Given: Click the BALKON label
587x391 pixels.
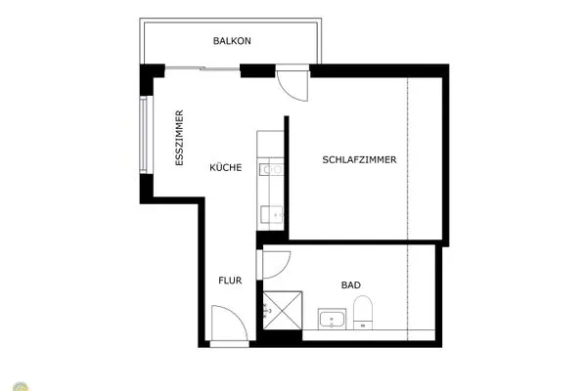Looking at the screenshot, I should [233, 41].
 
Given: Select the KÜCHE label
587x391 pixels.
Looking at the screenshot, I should [226, 167].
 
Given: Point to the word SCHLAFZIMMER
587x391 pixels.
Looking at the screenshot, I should [359, 160].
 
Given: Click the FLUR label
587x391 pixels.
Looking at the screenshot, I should [230, 281].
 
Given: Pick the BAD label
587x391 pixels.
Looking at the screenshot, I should [350, 285].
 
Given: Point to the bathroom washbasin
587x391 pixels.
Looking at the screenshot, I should [333, 319].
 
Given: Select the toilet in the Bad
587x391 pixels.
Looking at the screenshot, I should [365, 314].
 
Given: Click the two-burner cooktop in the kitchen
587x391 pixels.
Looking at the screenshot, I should [270, 169].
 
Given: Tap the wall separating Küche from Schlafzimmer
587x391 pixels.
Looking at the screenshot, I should [287, 176].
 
